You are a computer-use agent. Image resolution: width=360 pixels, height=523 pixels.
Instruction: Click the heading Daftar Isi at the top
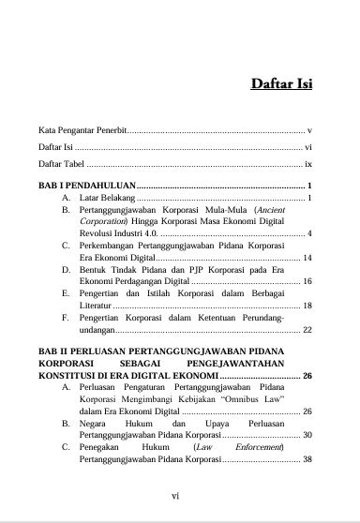tap(281, 84)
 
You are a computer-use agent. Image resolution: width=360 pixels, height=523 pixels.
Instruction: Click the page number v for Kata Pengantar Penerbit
tap(308, 129)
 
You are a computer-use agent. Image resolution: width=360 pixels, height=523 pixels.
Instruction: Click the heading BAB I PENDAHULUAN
tap(87, 187)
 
